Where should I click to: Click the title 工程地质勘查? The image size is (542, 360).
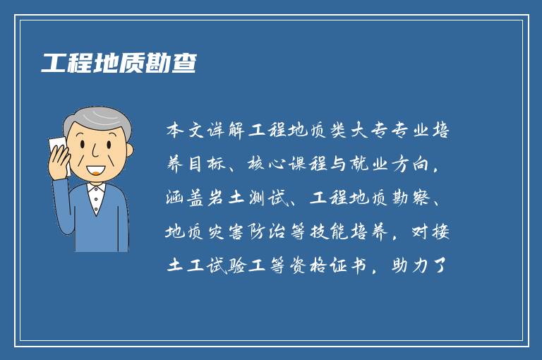coord(118,63)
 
